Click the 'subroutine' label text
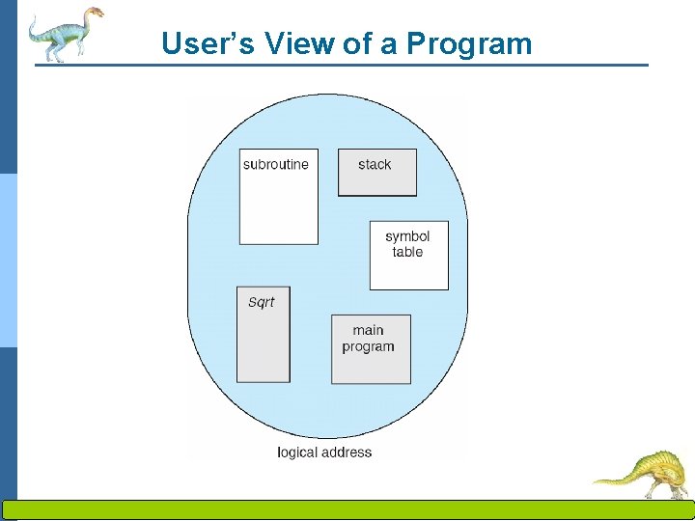tap(276, 164)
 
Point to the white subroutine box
tap(278, 207)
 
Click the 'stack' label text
tap(375, 164)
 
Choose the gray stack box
tap(377, 181)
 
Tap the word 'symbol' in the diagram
tap(407, 236)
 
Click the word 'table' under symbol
tap(407, 252)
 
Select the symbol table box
tap(409, 270)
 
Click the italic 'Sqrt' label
tap(261, 302)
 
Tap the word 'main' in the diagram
tap(368, 330)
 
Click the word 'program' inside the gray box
tap(368, 346)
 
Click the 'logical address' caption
tap(324, 452)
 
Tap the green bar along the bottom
tap(347, 510)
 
